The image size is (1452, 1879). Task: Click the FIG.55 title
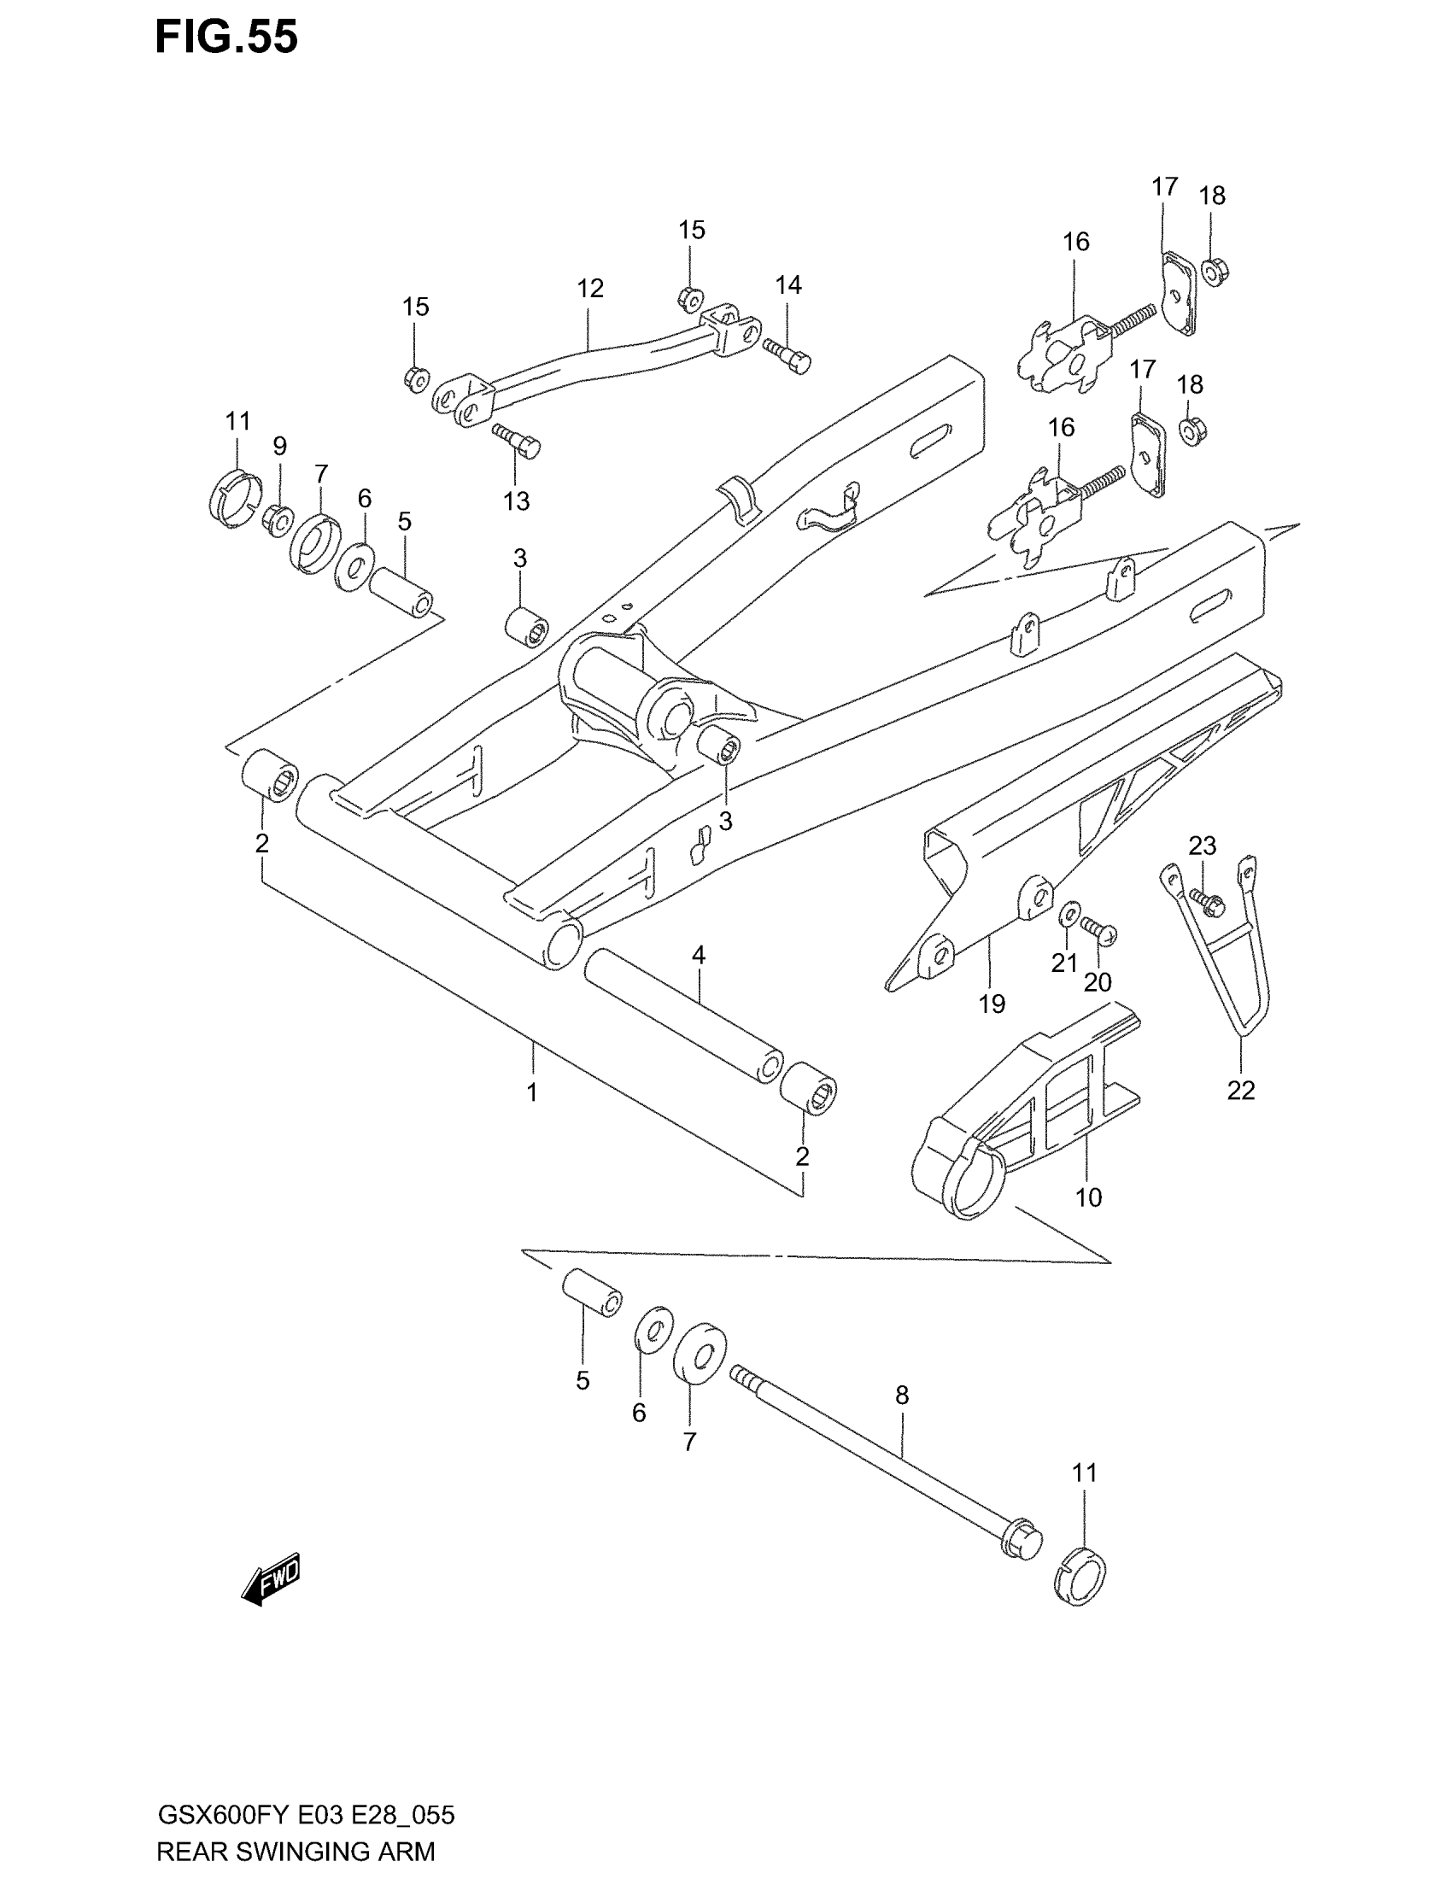226,38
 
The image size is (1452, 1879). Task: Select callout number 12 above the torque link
590,288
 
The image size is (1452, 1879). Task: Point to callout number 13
516,500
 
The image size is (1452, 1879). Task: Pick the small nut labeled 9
278,518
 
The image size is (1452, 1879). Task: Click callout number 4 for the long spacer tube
699,955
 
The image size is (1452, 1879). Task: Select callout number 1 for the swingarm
532,1092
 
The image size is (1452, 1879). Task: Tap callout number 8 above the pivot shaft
901,1395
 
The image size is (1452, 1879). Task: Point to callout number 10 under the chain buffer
1088,1197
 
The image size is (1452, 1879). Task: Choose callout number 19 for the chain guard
992,1004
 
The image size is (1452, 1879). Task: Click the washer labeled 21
1070,913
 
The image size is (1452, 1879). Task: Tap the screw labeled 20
1098,930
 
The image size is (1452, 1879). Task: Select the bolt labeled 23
1208,904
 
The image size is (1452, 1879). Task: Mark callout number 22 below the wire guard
1240,1090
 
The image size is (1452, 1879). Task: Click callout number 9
279,446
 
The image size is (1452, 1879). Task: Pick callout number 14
788,284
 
